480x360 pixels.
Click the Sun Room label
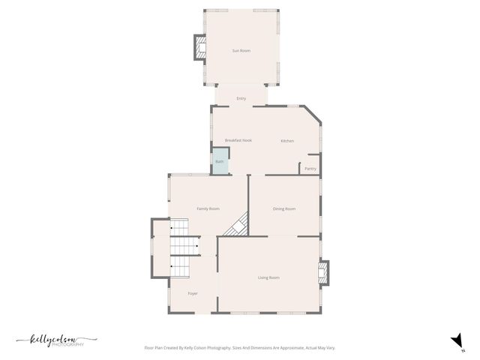coord(241,50)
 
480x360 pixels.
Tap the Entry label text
coord(241,98)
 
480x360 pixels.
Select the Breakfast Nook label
coord(238,141)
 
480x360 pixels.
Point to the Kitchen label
coord(287,141)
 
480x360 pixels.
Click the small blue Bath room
coord(220,162)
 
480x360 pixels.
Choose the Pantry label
coord(310,169)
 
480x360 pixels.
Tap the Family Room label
coord(208,208)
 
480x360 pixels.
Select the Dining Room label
coord(284,208)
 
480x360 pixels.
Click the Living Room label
coord(268,277)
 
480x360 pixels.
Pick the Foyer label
coord(193,293)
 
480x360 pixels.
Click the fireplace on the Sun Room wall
coord(200,48)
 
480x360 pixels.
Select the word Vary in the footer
coord(329,348)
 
